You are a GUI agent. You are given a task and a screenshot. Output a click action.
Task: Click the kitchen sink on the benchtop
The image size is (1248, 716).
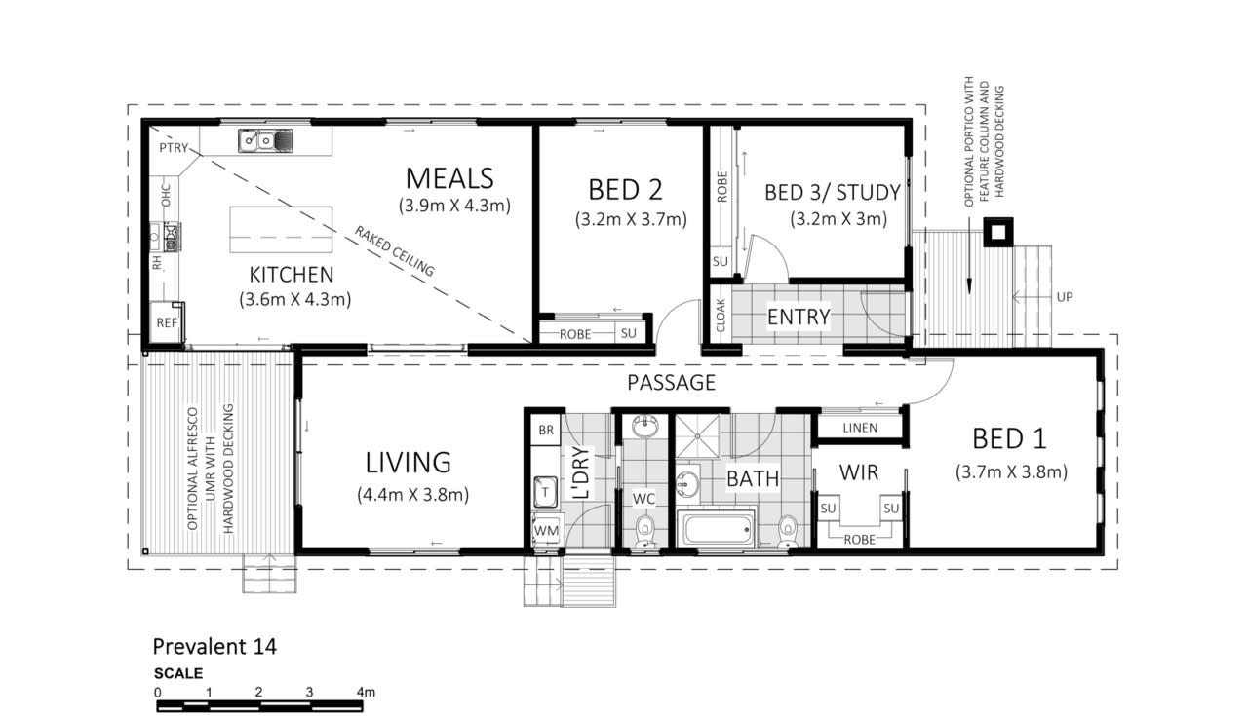click(x=266, y=140)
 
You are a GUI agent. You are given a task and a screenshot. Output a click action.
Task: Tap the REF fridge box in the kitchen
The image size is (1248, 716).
click(x=167, y=322)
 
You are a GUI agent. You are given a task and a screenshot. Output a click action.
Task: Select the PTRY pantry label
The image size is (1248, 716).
click(x=174, y=147)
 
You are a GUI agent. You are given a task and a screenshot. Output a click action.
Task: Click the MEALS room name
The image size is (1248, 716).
click(x=449, y=178)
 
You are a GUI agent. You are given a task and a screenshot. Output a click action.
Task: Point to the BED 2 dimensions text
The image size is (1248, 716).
click(x=631, y=219)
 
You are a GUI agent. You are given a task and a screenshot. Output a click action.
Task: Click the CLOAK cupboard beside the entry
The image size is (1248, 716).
click(x=721, y=315)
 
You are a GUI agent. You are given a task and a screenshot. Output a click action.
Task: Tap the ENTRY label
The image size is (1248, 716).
click(x=799, y=317)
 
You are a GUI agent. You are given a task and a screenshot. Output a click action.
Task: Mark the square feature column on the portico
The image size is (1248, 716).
click(x=997, y=232)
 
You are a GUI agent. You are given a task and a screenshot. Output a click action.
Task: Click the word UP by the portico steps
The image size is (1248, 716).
click(x=1065, y=297)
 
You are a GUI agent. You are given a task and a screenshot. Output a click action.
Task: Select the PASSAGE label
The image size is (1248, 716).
click(x=672, y=383)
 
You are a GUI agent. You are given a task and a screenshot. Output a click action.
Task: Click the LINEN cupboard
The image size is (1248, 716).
click(x=860, y=428)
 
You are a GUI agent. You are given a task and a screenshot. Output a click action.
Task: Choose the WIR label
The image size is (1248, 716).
click(x=859, y=472)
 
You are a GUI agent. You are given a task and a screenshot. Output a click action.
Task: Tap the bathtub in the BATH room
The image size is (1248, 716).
click(x=717, y=529)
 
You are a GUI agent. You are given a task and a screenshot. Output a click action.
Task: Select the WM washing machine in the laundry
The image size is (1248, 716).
click(x=545, y=531)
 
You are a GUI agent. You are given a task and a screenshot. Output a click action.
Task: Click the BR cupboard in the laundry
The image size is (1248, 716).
click(x=545, y=430)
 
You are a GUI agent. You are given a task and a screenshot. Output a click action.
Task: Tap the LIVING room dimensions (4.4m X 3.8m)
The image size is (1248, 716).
click(x=412, y=495)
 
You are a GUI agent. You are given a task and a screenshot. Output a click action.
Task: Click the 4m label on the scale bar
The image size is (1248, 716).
click(x=366, y=692)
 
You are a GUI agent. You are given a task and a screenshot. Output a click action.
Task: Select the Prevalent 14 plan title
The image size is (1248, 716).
click(x=214, y=647)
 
